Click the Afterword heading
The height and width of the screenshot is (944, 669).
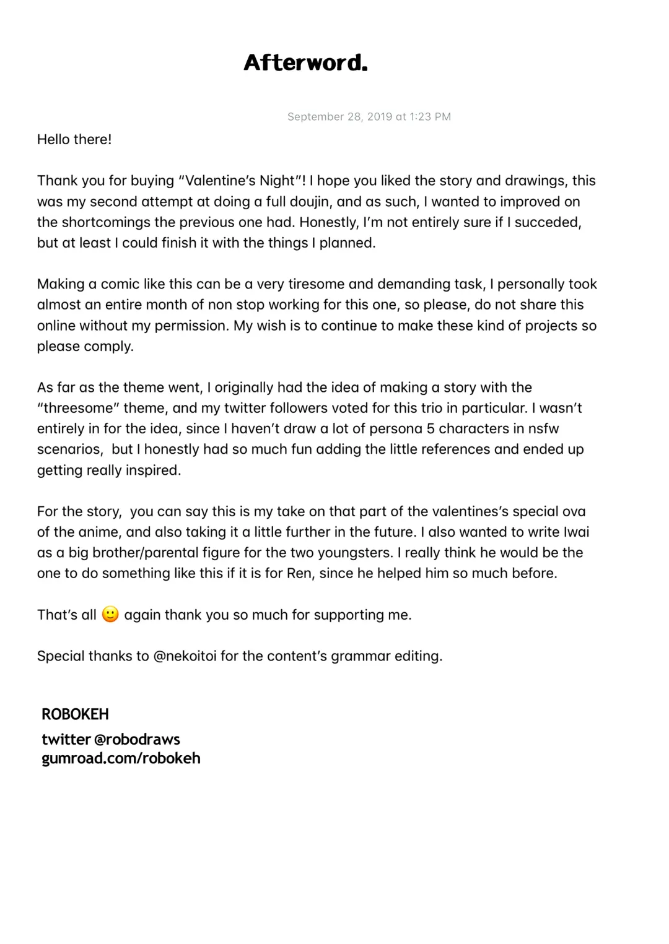(x=305, y=63)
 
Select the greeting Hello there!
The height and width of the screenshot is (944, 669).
(x=74, y=139)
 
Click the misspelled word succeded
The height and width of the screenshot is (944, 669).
(x=548, y=222)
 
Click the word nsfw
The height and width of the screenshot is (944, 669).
(x=543, y=428)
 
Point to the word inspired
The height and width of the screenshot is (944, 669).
(x=153, y=470)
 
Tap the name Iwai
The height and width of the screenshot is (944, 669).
(x=576, y=532)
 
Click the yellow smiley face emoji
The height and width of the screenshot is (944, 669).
(x=110, y=614)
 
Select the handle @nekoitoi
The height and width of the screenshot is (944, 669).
(x=185, y=656)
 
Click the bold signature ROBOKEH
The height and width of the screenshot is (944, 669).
(x=75, y=714)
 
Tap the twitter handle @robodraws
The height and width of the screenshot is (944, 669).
(x=137, y=739)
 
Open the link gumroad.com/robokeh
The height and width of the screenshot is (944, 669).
(x=121, y=758)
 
